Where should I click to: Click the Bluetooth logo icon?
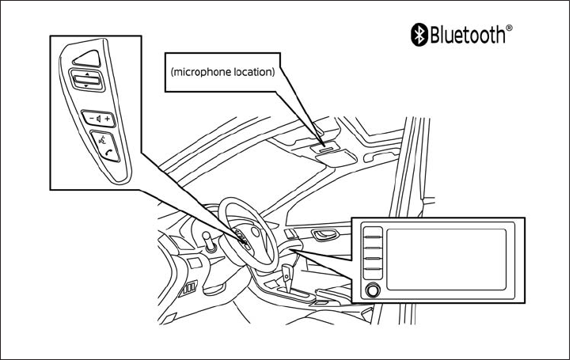pyautogui.click(x=419, y=32)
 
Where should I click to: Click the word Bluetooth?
pyautogui.click(x=466, y=33)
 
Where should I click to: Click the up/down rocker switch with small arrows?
pyautogui.click(x=85, y=79)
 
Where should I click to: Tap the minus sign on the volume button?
pyautogui.click(x=89, y=118)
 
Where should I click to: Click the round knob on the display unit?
pyautogui.click(x=373, y=290)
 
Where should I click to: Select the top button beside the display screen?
pyautogui.click(x=373, y=233)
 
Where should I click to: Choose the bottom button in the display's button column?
pyautogui.click(x=373, y=274)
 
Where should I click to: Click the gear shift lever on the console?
pyautogui.click(x=288, y=276)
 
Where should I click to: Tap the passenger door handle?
pyautogui.click(x=324, y=235)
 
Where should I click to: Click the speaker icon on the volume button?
pyautogui.click(x=98, y=118)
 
